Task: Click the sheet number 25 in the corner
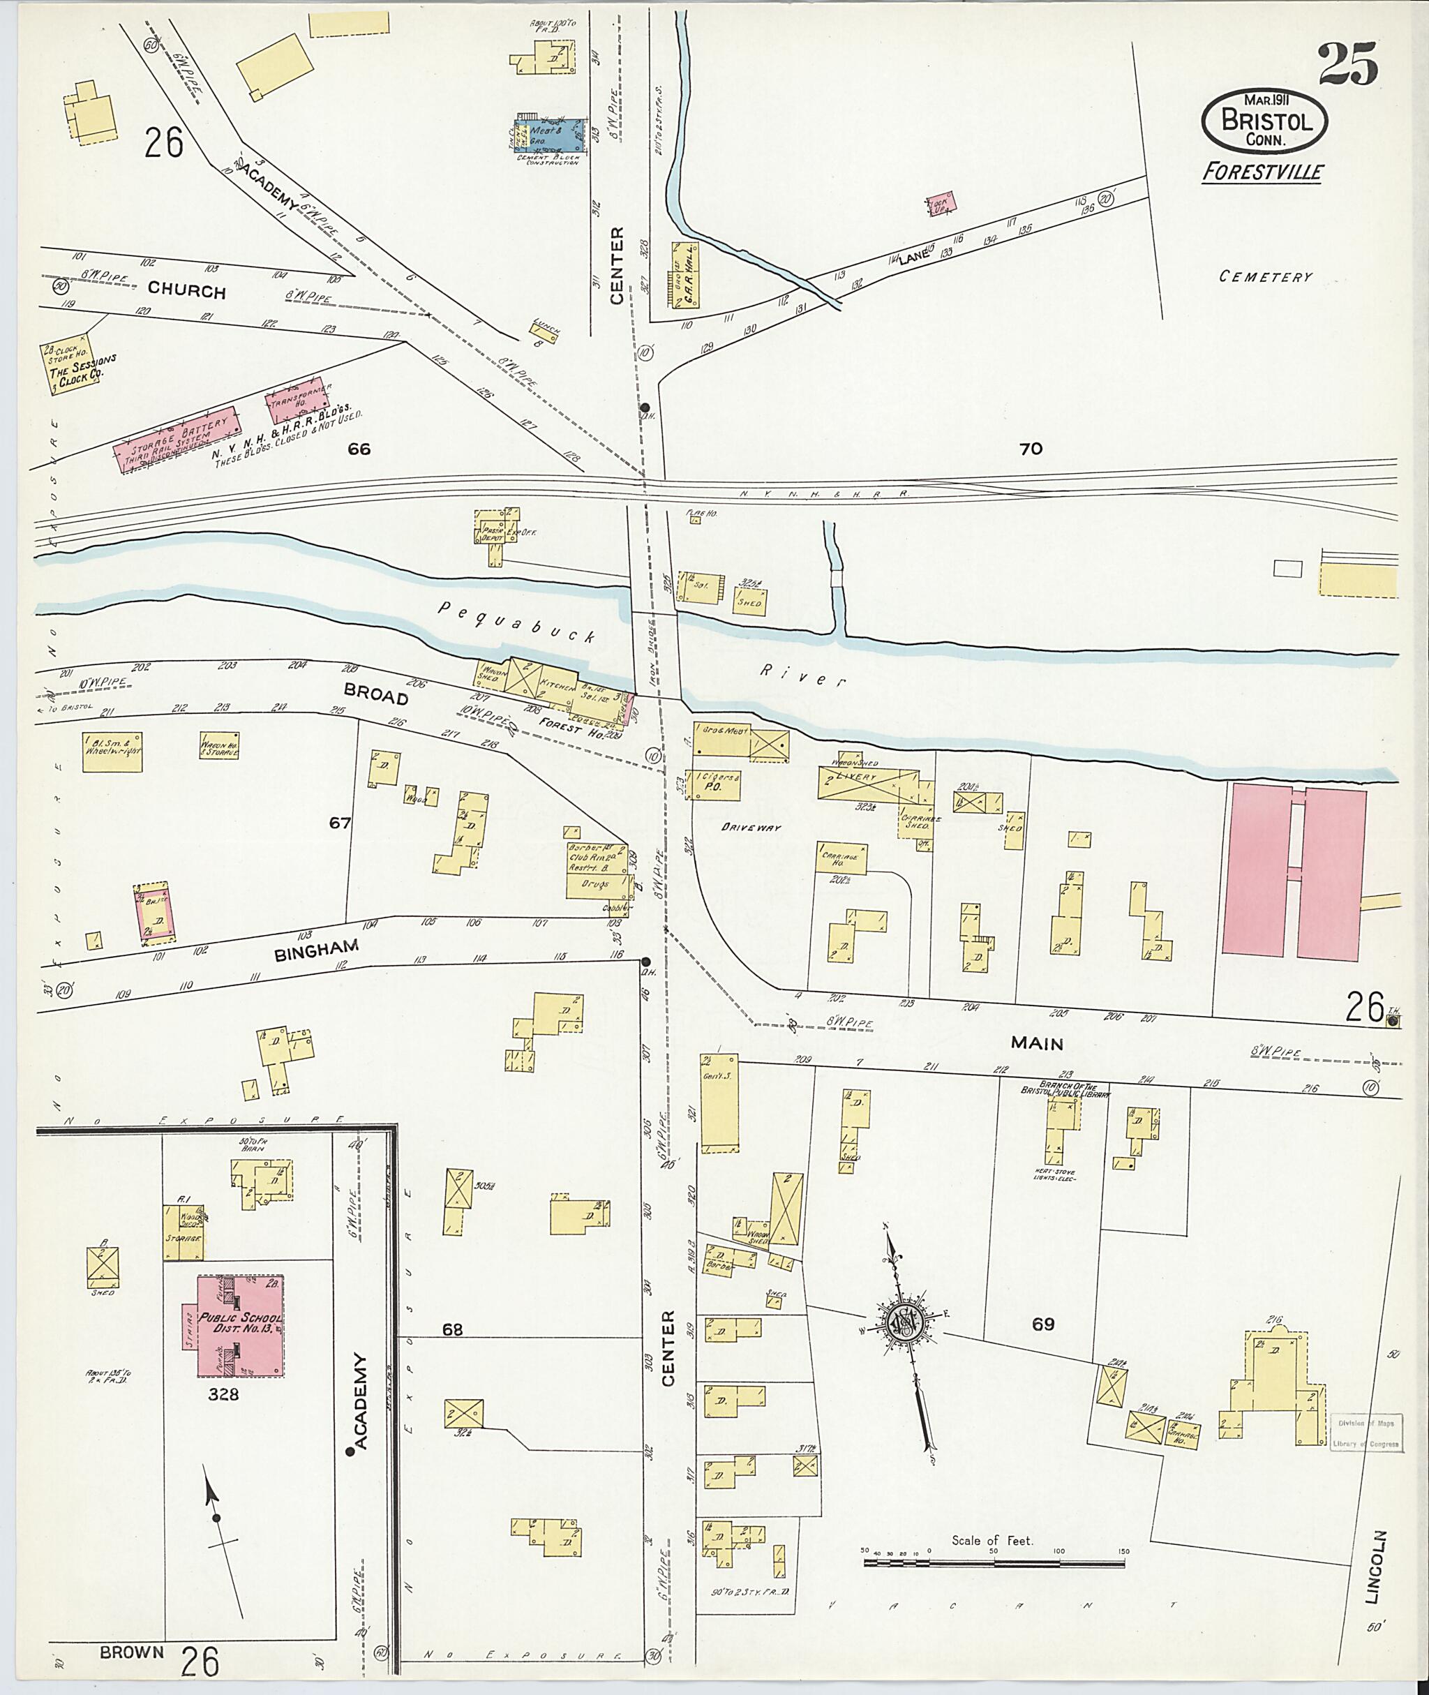pos(1348,64)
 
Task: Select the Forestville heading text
pos(1262,172)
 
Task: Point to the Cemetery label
pos(1265,277)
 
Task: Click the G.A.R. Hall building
pos(685,276)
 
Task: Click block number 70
pos(1031,448)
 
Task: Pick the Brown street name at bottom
pos(133,1652)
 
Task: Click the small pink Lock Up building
pos(941,202)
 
